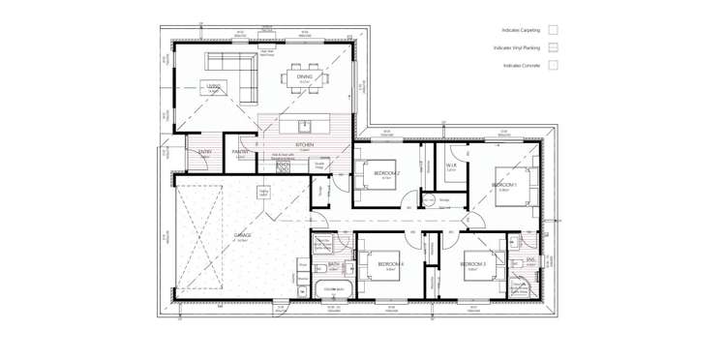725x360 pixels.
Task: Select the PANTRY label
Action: [x=240, y=152]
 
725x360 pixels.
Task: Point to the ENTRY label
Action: [x=205, y=152]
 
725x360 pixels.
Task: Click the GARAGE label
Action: [x=242, y=234]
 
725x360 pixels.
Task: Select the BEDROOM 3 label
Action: [x=474, y=264]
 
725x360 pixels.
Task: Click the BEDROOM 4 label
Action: [x=390, y=264]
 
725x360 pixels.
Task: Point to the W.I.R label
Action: [x=451, y=165]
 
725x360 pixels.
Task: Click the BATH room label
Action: [x=333, y=263]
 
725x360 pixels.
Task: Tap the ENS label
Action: [x=530, y=260]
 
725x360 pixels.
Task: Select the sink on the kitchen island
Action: [x=305, y=125]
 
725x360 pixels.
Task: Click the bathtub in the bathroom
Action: [x=336, y=289]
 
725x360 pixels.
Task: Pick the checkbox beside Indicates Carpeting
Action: [x=553, y=30]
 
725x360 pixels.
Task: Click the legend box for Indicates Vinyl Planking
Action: [x=553, y=47]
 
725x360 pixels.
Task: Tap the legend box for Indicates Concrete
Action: [x=553, y=66]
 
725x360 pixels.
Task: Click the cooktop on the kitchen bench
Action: [x=283, y=165]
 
